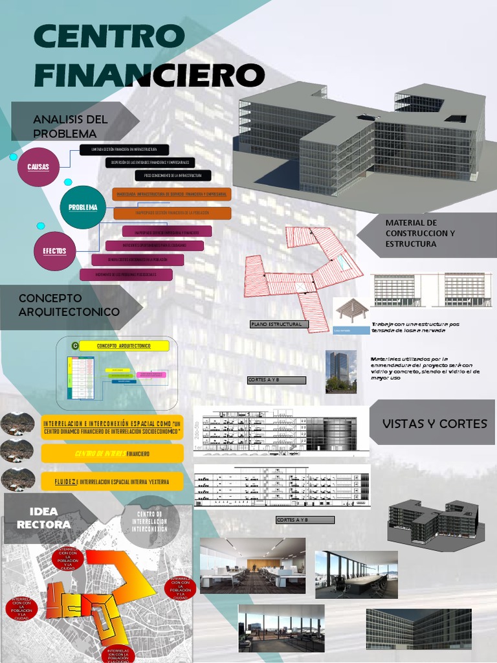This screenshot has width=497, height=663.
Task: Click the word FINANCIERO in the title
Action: pos(149,75)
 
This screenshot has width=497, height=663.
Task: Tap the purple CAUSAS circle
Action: pos(38,167)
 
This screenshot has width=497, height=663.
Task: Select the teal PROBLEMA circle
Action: pos(83,207)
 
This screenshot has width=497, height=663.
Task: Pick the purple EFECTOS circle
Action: pos(54,251)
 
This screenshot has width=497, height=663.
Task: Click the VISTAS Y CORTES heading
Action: pos(434,423)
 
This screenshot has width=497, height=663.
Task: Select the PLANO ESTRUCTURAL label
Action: pos(280,324)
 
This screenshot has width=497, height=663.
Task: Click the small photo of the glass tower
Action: pos(340,371)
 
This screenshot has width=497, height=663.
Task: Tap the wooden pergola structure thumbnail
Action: pos(351,316)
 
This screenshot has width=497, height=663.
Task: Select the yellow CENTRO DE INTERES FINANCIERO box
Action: pos(112,454)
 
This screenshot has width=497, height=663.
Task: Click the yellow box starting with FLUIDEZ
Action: pos(112,482)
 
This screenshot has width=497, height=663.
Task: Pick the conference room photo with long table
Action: pos(356,574)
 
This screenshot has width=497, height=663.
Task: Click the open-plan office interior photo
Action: pos(252,565)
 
